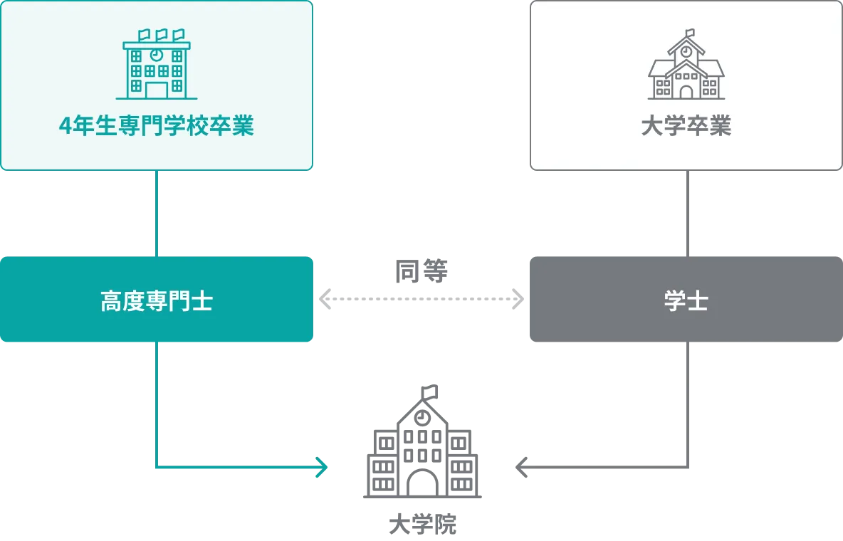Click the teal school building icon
click(x=157, y=65)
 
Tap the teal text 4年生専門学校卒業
click(x=157, y=127)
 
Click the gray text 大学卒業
click(x=686, y=127)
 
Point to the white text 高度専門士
click(x=157, y=302)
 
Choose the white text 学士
click(x=686, y=302)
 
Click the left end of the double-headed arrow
click(x=328, y=299)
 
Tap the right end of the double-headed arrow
click(x=515, y=299)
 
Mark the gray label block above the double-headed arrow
click(x=421, y=271)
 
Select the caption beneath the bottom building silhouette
click(x=424, y=525)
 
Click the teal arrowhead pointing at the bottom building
click(x=323, y=468)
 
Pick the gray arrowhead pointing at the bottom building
click(x=520, y=468)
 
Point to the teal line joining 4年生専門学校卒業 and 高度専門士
click(x=157, y=214)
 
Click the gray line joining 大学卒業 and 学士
click(x=686, y=214)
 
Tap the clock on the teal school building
click(x=157, y=55)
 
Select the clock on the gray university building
click(x=686, y=51)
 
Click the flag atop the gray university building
click(x=689, y=32)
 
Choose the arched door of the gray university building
click(x=686, y=91)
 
